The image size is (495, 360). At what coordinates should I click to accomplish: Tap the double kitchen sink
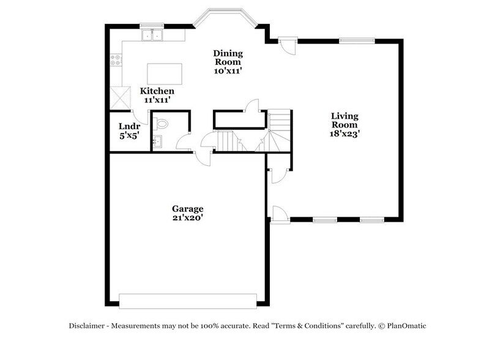pyautogui.click(x=151, y=36)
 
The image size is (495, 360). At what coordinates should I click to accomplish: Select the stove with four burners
pyautogui.click(x=115, y=60)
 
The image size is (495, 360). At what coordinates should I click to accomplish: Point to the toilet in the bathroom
pyautogui.click(x=162, y=124)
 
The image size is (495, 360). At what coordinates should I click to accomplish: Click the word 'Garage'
pyautogui.click(x=187, y=208)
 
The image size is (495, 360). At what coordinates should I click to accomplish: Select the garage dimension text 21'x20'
pyautogui.click(x=187, y=217)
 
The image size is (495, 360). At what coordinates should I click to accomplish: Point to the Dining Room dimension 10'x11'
pyautogui.click(x=227, y=71)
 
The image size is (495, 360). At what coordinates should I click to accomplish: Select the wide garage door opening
pyautogui.click(x=188, y=301)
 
